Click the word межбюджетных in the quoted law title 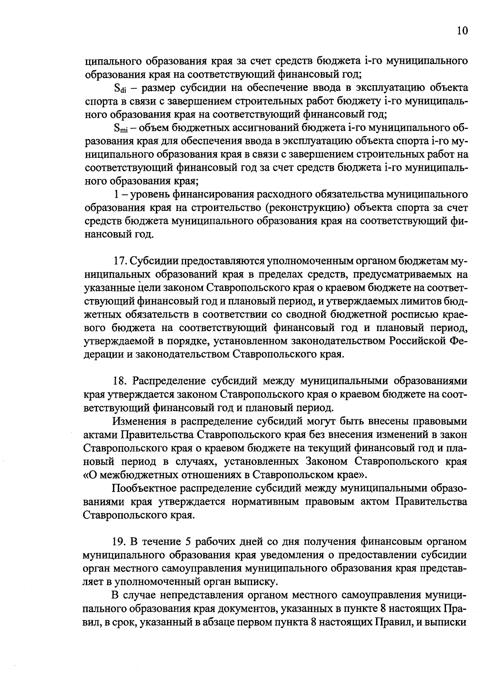point(140,475)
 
